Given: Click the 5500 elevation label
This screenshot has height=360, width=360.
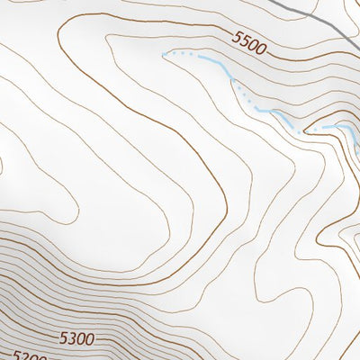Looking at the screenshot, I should (x=249, y=42).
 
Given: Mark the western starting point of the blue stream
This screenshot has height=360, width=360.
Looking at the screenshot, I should (x=164, y=54).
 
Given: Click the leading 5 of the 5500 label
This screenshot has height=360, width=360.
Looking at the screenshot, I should (x=236, y=37).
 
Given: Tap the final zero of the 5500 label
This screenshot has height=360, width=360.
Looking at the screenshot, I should (x=263, y=49).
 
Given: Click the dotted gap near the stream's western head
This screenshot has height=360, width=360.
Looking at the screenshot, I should (x=184, y=55).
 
